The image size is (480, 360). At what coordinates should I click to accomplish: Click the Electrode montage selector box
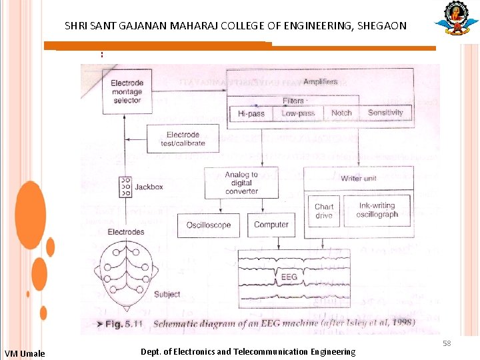click(127, 92)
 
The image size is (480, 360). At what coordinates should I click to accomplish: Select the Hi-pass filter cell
click(251, 113)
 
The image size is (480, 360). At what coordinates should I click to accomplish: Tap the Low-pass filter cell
click(298, 113)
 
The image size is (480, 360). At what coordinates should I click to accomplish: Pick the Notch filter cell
click(341, 113)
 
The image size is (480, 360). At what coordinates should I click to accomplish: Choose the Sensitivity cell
click(385, 113)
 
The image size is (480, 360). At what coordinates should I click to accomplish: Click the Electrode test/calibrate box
click(183, 139)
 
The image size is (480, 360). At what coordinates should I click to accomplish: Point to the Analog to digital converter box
click(241, 183)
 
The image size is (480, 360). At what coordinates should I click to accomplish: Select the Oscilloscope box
click(209, 225)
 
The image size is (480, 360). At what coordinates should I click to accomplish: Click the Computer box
click(271, 225)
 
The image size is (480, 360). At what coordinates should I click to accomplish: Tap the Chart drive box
click(324, 211)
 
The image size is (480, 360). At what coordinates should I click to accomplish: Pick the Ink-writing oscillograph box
click(377, 210)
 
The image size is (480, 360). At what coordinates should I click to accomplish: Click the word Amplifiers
click(320, 82)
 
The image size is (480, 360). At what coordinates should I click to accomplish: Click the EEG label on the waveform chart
click(289, 277)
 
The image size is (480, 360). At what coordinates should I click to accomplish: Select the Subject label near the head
click(167, 294)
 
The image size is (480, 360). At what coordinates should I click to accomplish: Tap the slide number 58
click(447, 343)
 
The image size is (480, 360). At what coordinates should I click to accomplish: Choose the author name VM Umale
click(25, 353)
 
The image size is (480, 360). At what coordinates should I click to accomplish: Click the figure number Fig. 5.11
click(125, 323)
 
